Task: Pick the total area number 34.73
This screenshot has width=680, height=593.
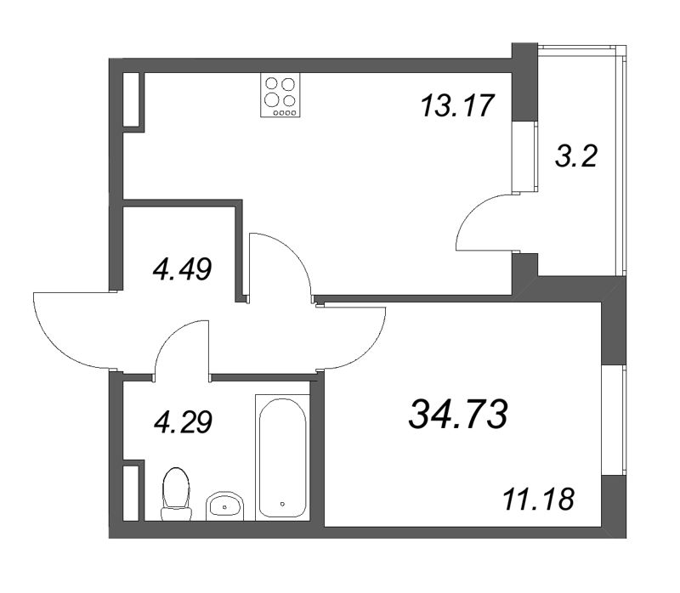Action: pyautogui.click(x=458, y=415)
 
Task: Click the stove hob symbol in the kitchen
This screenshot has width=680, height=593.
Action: pyautogui.click(x=281, y=94)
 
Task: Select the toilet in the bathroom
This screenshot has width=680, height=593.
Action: pyautogui.click(x=176, y=493)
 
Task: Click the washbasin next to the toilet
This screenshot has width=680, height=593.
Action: pyautogui.click(x=225, y=505)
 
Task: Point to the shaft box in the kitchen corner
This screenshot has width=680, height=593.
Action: pyautogui.click(x=133, y=100)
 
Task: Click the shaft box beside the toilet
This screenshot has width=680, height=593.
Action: pyautogui.click(x=132, y=490)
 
